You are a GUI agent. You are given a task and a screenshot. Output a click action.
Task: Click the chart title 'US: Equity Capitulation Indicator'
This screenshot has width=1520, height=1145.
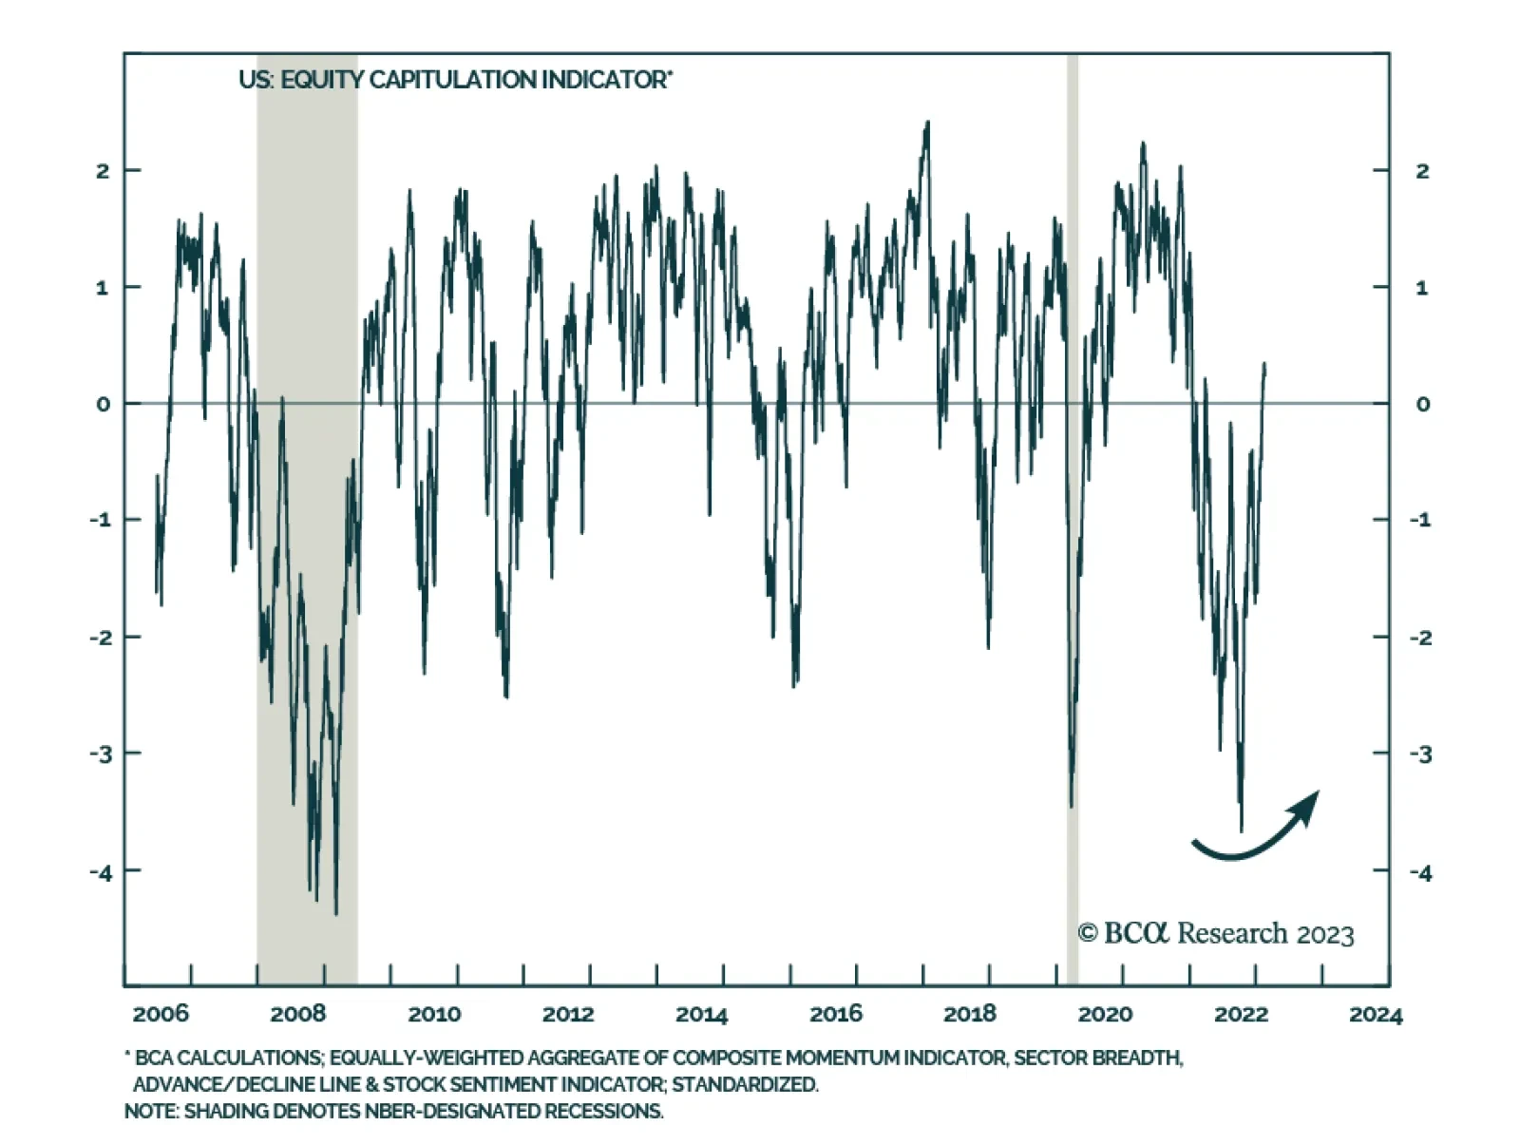[x=455, y=80]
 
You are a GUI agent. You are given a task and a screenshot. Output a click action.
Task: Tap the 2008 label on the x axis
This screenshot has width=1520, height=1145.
[x=297, y=1014]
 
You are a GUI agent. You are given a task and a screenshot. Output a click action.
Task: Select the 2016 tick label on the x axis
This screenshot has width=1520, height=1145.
[x=835, y=1014]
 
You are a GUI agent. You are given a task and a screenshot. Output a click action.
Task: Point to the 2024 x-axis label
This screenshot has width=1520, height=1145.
[x=1375, y=1015]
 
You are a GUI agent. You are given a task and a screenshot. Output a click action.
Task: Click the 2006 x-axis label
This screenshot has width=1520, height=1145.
[x=161, y=1014]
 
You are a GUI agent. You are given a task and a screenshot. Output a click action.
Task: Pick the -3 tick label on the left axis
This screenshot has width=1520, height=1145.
[x=100, y=754]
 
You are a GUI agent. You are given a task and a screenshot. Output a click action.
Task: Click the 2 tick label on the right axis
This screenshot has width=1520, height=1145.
[x=1421, y=171]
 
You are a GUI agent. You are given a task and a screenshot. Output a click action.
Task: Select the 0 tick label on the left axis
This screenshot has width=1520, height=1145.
[x=103, y=404]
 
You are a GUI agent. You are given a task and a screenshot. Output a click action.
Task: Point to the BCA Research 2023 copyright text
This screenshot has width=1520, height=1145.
[x=1215, y=933]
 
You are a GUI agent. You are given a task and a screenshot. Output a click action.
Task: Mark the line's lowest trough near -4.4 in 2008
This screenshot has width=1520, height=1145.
[x=335, y=913]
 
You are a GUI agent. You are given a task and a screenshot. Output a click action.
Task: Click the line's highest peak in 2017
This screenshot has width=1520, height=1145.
[x=927, y=123]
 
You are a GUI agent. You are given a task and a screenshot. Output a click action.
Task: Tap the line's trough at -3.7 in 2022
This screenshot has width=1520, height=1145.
[x=1241, y=830]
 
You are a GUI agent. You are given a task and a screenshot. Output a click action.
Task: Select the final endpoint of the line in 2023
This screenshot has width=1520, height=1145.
[x=1264, y=364]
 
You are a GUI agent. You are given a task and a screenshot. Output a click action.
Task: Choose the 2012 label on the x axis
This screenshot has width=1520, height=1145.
[x=567, y=1014]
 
